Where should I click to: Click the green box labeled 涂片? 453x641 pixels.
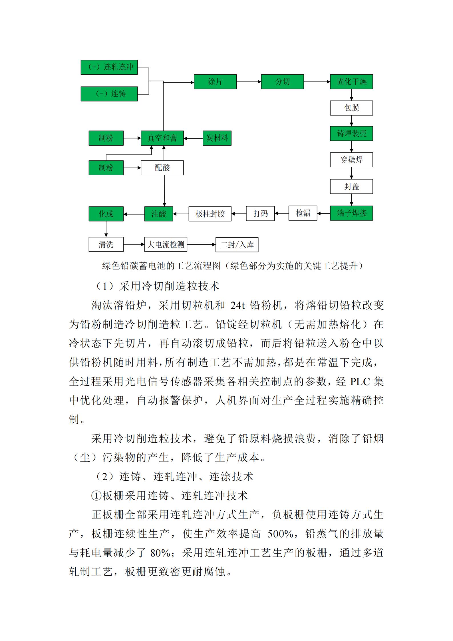click(x=215, y=82)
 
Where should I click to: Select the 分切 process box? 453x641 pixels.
click(x=282, y=82)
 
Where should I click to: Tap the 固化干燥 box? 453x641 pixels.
click(x=351, y=82)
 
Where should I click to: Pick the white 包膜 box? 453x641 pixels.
click(x=351, y=108)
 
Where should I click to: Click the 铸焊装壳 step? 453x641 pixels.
click(x=351, y=134)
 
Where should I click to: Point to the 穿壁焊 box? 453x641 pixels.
click(x=351, y=160)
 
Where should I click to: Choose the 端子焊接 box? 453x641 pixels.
click(x=351, y=213)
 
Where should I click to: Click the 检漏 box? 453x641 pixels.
click(x=303, y=213)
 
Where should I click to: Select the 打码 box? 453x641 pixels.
click(x=260, y=214)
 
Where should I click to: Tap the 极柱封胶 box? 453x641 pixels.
click(x=210, y=214)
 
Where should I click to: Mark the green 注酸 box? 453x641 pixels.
click(x=158, y=214)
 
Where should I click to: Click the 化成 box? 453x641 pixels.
click(x=106, y=214)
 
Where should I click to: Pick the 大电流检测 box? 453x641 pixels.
click(x=166, y=244)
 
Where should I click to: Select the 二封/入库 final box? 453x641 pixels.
click(x=237, y=245)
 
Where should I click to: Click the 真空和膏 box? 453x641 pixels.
click(x=162, y=138)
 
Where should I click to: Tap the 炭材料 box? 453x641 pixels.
click(x=217, y=138)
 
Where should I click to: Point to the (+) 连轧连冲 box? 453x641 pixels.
click(x=109, y=67)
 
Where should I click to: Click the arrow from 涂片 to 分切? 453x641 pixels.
click(x=249, y=82)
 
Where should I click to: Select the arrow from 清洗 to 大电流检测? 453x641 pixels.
click(x=134, y=244)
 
